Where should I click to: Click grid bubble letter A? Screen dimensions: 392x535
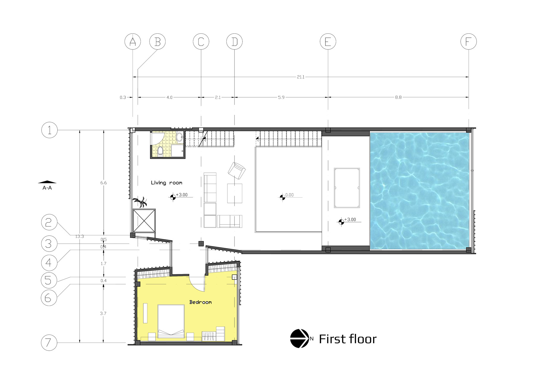click(x=133, y=42)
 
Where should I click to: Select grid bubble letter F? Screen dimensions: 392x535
click(x=468, y=42)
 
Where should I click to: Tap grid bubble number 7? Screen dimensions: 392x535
click(x=49, y=343)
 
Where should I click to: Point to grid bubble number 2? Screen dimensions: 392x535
click(x=49, y=222)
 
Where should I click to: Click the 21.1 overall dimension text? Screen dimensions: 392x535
click(x=300, y=77)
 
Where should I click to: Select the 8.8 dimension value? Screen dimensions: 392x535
click(x=398, y=97)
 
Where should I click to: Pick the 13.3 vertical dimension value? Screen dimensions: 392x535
click(x=79, y=237)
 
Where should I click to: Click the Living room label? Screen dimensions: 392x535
click(x=166, y=183)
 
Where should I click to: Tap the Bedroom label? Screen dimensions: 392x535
click(x=201, y=302)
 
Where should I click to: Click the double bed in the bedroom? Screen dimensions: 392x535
click(x=171, y=321)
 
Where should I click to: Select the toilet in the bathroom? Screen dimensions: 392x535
click(x=160, y=151)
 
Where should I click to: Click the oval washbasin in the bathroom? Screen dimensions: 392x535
click(x=180, y=137)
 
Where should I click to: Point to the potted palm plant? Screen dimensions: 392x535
click(x=140, y=202)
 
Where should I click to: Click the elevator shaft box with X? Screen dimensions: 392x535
click(x=144, y=221)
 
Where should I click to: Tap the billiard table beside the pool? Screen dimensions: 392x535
click(x=347, y=188)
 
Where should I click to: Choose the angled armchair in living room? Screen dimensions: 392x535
click(x=237, y=170)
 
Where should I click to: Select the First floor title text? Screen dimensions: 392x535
click(x=347, y=339)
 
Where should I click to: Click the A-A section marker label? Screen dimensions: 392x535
click(x=47, y=188)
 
